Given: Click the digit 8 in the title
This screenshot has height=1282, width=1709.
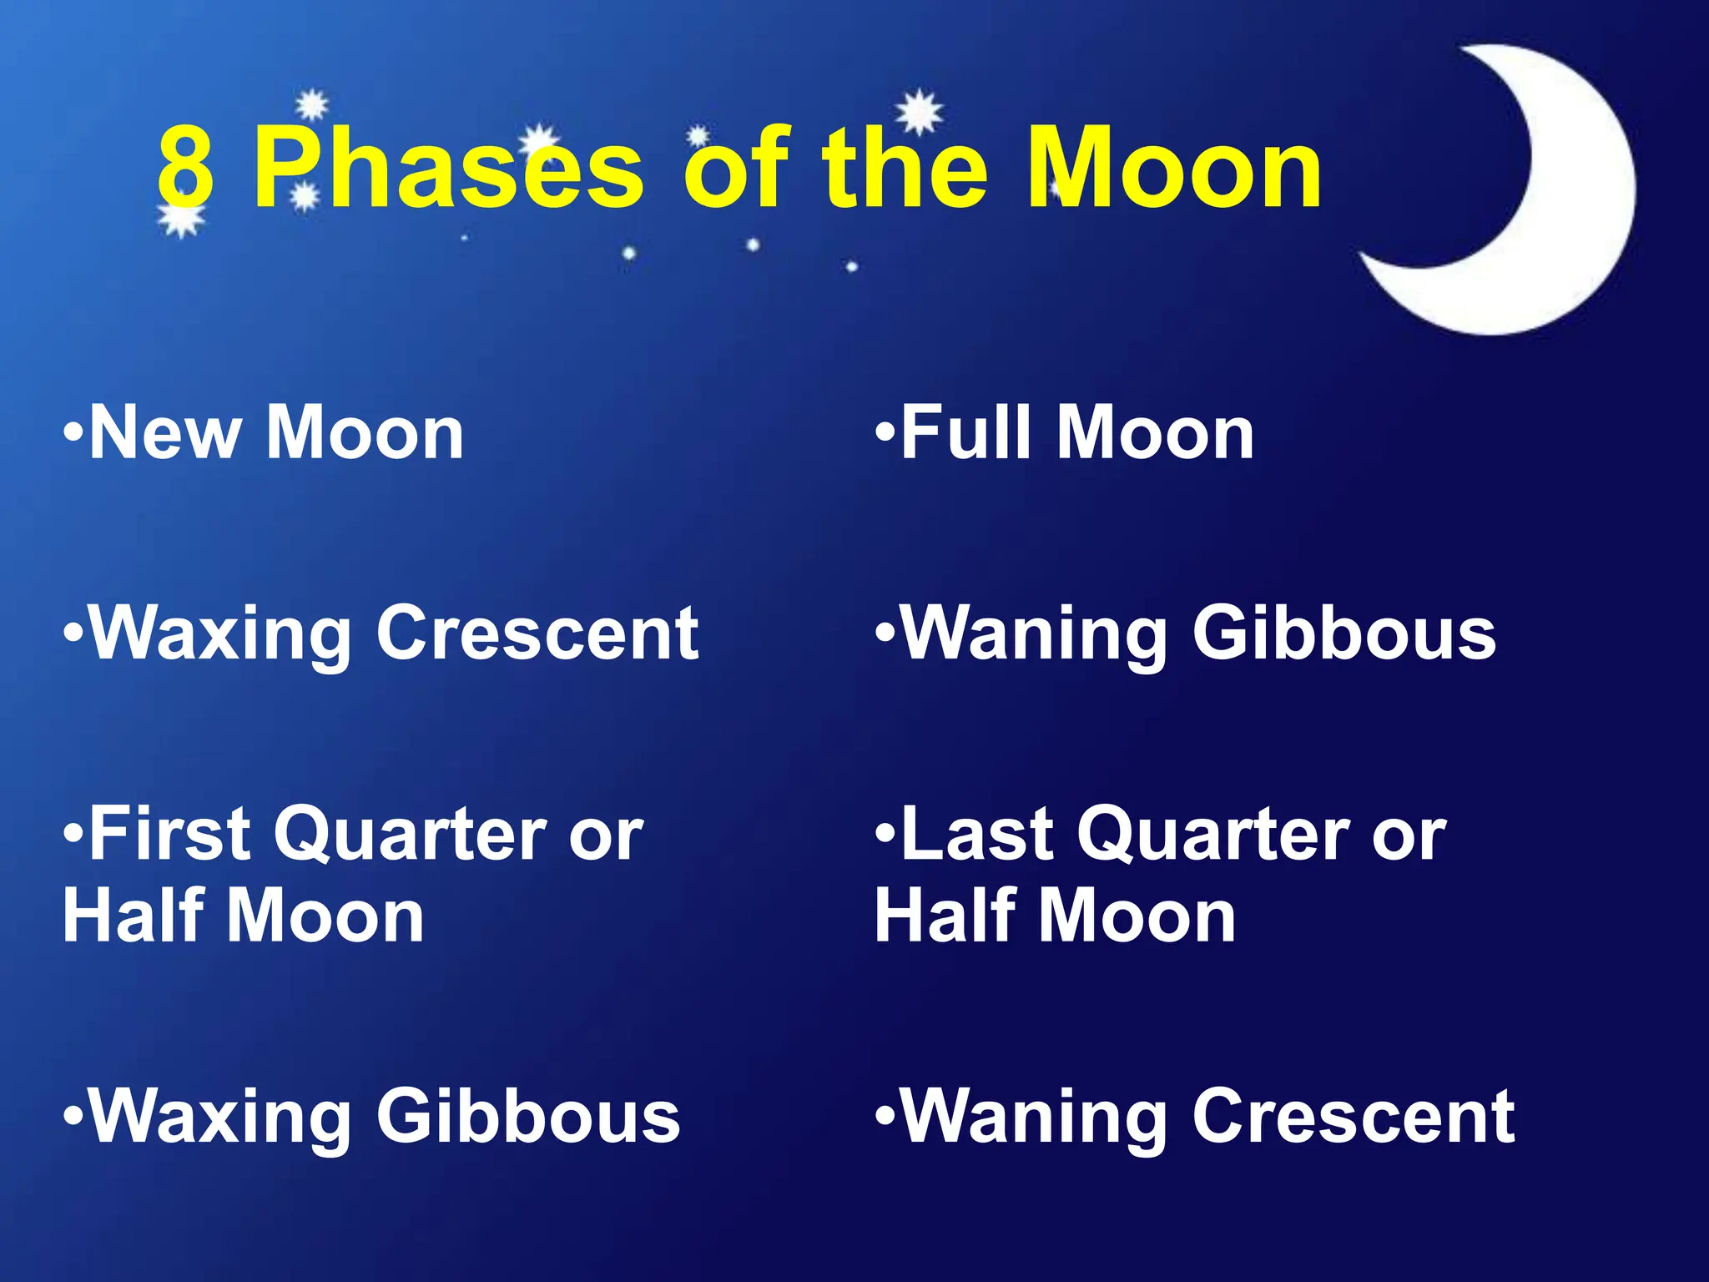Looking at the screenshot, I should [185, 169].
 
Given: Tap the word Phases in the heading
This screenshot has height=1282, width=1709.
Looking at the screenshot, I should [449, 169].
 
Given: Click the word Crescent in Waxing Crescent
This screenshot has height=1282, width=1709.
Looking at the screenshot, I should [537, 633].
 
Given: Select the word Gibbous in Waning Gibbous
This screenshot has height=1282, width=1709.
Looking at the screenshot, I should [1344, 633].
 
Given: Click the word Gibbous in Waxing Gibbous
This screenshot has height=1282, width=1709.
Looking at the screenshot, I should [528, 1117].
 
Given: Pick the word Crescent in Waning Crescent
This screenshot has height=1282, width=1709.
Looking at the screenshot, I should [1354, 1117].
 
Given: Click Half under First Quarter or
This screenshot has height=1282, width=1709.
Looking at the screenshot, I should [134, 916].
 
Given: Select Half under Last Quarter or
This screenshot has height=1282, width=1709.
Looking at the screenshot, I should [945, 916].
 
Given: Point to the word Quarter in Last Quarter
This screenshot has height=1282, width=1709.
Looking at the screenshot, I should [1213, 835].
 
